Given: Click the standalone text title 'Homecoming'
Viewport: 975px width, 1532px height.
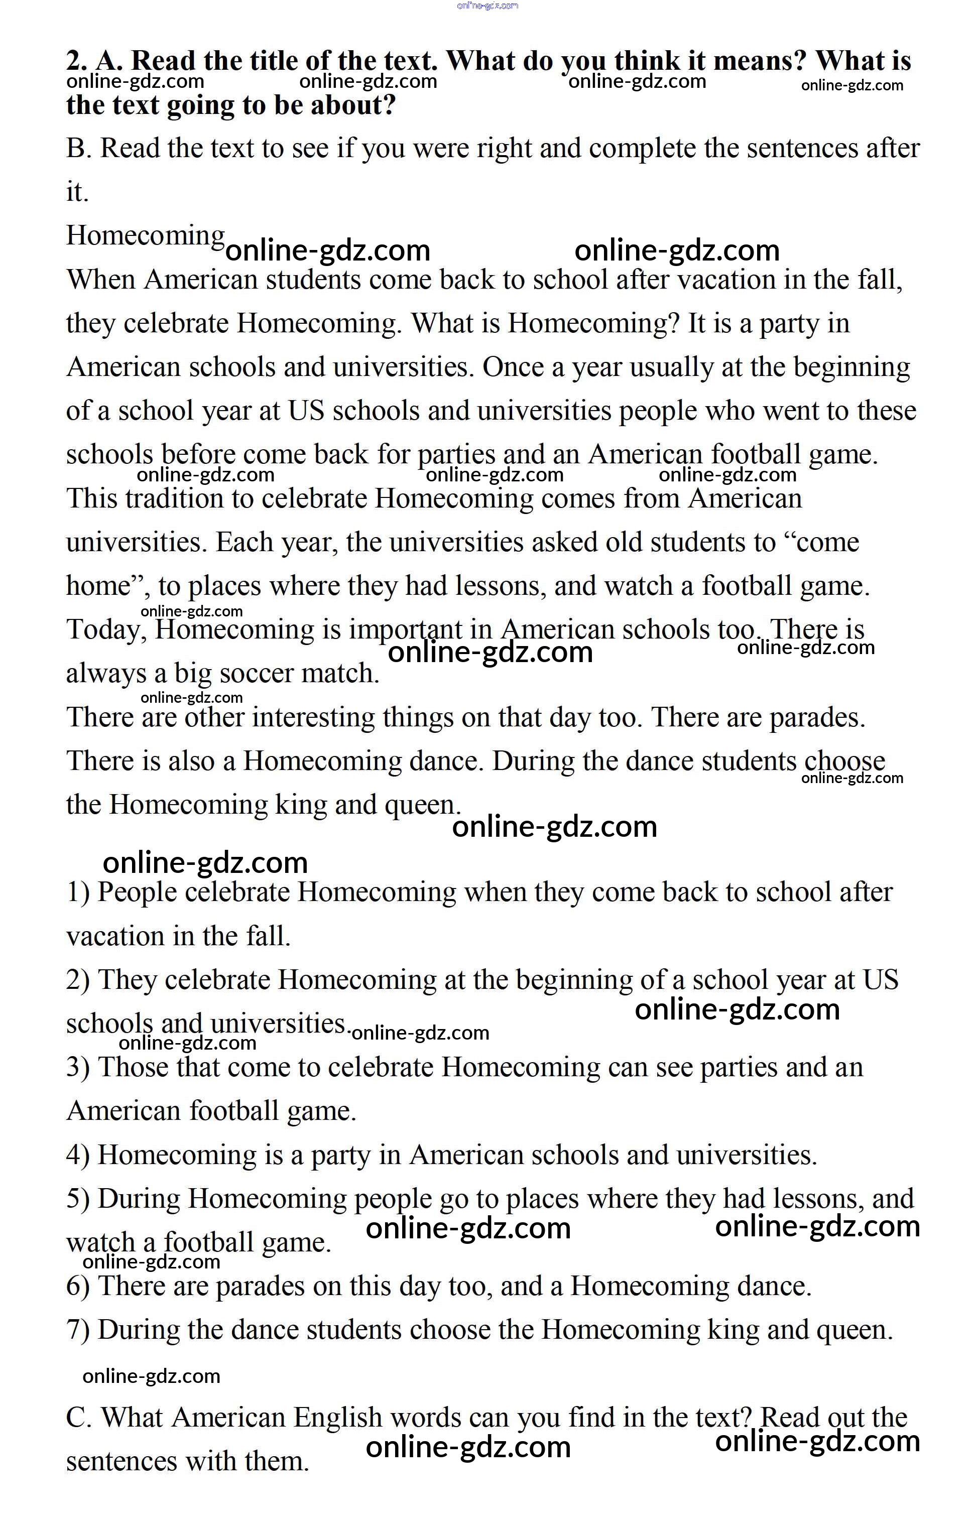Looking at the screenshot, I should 146,235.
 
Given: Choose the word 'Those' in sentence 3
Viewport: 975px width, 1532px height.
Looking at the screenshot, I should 133,1068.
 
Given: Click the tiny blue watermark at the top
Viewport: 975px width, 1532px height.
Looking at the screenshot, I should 487,6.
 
